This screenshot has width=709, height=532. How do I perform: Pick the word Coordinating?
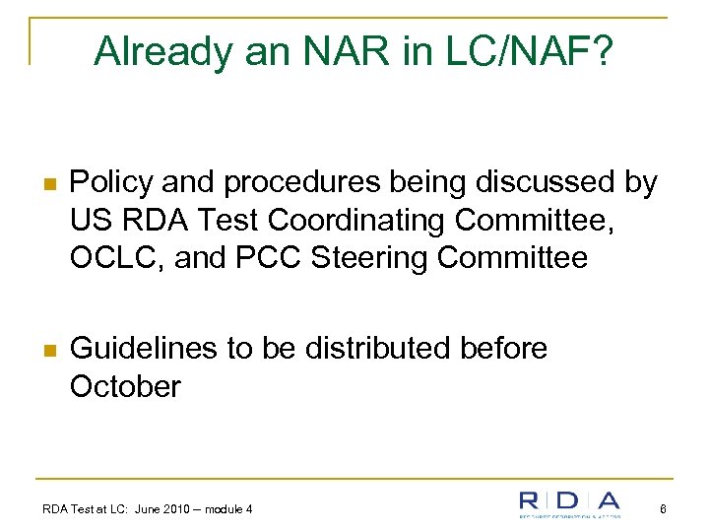pos(376,221)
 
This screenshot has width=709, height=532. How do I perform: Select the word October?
pos(126,386)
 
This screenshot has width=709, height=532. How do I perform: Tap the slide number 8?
pos(665,509)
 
